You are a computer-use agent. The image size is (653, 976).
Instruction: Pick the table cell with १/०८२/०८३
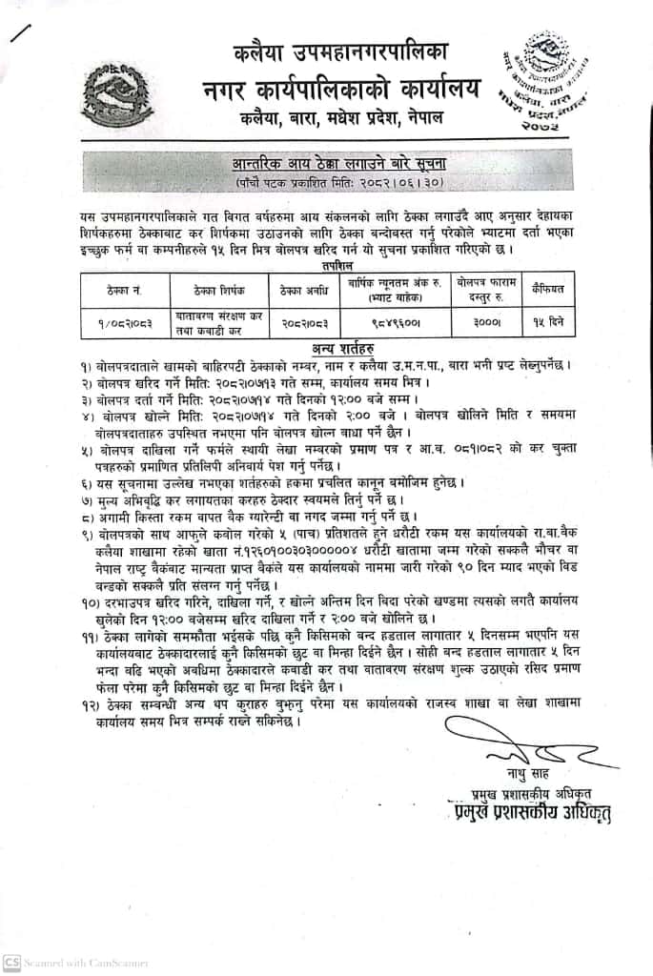pyautogui.click(x=122, y=323)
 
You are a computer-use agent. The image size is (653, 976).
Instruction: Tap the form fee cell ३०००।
pyautogui.click(x=488, y=323)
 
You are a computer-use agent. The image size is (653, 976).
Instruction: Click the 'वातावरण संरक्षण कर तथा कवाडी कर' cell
pyautogui.click(x=216, y=323)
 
